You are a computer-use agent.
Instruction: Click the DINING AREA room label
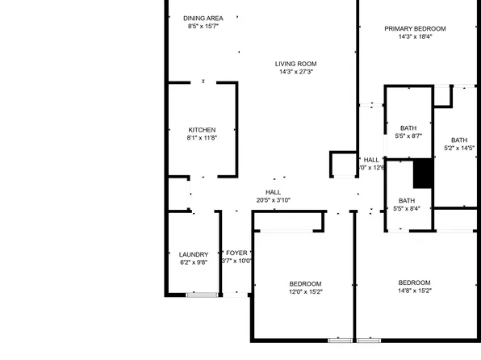coord(203,18)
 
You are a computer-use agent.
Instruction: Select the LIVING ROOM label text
coord(295,64)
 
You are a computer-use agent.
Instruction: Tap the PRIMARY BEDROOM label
coord(415,28)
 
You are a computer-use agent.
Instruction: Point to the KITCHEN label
coord(202,129)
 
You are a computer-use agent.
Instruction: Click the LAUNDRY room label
coord(194,253)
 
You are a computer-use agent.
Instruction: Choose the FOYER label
coord(236,253)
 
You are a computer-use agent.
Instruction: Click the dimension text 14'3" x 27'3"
coord(295,72)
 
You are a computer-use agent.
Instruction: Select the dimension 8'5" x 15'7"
coord(203,26)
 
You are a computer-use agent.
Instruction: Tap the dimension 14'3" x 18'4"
coord(415,36)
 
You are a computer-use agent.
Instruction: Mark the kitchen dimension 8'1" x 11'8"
coord(202,137)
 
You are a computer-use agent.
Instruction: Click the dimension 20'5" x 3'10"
coord(273,199)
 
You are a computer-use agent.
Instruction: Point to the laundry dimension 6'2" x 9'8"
coord(194,262)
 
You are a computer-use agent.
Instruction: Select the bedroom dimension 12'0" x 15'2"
coord(306,291)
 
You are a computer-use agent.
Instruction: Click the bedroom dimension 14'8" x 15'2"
coord(414,291)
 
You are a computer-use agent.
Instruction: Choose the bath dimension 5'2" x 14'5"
coord(459,148)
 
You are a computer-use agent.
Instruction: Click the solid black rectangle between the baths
coord(423,173)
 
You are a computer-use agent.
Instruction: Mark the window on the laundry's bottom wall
coord(201,295)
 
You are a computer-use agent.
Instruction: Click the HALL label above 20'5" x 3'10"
coord(273,191)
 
